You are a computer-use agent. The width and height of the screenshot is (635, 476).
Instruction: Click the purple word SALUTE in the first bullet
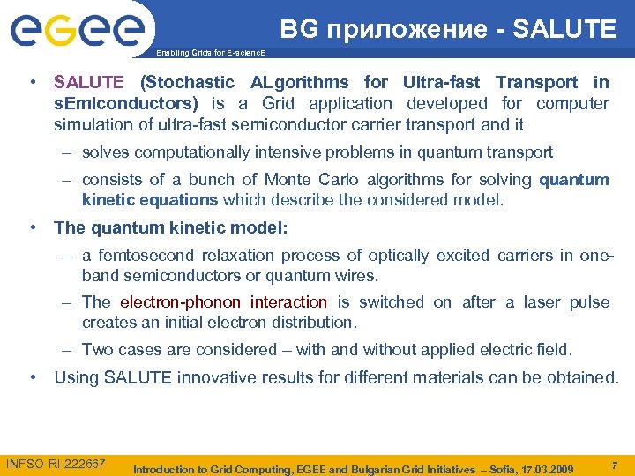tap(89, 83)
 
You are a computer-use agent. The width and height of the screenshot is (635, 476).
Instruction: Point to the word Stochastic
tap(187, 83)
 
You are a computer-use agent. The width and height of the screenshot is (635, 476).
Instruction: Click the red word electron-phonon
tap(182, 301)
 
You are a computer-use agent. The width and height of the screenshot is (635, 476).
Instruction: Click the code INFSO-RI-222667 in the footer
tap(56, 464)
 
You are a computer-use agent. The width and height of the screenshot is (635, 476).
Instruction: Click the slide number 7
tap(614, 464)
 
